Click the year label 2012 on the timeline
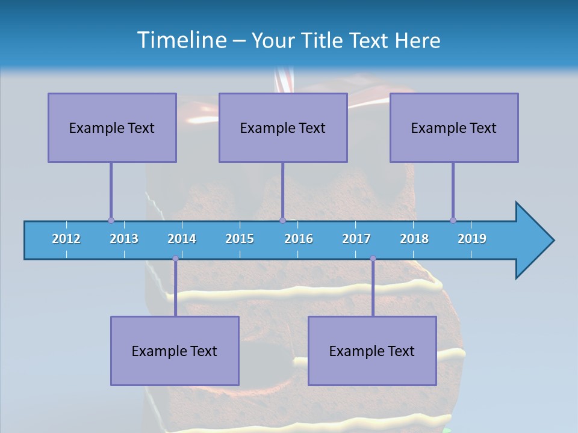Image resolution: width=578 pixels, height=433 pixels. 66,239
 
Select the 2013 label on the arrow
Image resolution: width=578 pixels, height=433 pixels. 124,239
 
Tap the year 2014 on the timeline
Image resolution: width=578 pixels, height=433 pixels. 182,239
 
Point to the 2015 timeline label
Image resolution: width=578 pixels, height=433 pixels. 240,239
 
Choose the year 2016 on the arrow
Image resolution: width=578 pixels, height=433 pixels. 299,239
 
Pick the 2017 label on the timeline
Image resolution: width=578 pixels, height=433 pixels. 356,239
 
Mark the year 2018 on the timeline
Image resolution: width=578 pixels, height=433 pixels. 414,239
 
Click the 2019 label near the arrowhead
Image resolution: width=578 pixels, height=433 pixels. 472,239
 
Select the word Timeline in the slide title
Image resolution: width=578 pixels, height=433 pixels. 181,40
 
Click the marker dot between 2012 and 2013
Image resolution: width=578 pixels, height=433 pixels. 111,220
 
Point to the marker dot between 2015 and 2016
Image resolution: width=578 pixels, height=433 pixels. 282,220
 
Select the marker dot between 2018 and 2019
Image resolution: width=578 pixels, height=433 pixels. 453,220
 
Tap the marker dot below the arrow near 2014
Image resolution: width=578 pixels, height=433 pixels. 175,259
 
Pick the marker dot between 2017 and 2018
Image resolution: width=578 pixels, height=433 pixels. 373,259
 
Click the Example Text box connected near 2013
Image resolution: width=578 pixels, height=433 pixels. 112,127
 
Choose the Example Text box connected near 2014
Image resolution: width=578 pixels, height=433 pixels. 175,351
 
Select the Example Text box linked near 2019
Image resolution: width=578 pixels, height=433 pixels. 454,127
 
